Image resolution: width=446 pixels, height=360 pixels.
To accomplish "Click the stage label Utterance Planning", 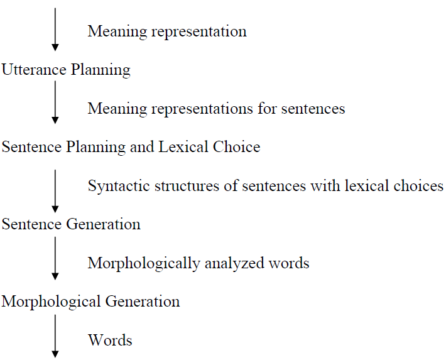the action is [x=66, y=70].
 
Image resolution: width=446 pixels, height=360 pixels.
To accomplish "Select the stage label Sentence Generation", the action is [x=71, y=224].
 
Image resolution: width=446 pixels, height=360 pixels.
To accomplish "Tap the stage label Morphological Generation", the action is [x=90, y=302].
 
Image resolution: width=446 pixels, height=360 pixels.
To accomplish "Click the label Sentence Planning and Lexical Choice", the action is [x=131, y=147].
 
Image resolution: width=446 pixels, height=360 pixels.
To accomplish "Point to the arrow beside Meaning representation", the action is [x=55, y=29].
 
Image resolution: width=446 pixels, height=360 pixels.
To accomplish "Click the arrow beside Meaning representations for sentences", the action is [x=55, y=102].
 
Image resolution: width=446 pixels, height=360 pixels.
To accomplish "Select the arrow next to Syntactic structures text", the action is [x=55, y=190].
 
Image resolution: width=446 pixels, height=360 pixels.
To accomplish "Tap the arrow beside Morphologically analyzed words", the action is [x=55, y=258].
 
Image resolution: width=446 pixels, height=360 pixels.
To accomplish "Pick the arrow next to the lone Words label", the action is [x=55, y=336].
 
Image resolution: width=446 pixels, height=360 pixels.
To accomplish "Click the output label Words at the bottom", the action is [x=110, y=341].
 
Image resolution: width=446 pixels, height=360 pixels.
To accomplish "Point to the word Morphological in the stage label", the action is [x=51, y=302].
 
